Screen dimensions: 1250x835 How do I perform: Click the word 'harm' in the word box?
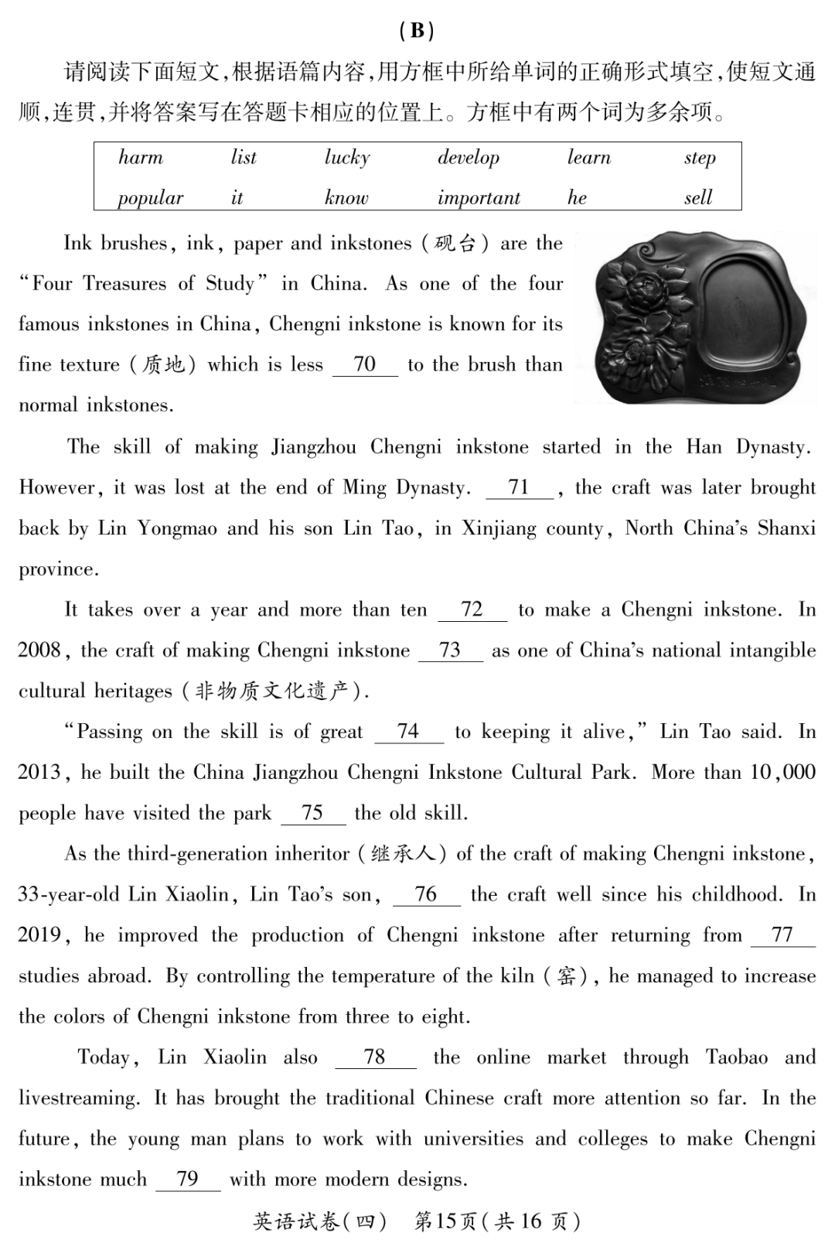tap(141, 158)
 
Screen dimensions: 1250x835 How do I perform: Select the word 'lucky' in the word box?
tap(347, 158)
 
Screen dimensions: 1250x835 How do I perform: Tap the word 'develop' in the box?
tap(469, 158)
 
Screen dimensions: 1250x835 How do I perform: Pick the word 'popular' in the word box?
tap(150, 198)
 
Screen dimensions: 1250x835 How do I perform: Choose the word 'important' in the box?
tap(479, 198)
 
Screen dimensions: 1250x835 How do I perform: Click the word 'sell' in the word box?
tap(698, 198)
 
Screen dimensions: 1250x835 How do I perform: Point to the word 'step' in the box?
tap(700, 158)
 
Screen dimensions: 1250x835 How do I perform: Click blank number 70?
tap(365, 364)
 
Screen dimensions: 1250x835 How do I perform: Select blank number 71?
tap(519, 487)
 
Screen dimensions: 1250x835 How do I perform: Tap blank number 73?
tap(450, 650)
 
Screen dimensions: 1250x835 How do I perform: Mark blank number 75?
tap(312, 812)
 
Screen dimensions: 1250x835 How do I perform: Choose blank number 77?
tap(782, 934)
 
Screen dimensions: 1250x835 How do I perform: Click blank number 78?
tap(375, 1057)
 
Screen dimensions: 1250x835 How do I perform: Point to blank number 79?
tap(188, 1179)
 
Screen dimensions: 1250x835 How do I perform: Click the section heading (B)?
tap(417, 30)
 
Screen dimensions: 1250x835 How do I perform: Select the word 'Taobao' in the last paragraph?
tap(736, 1057)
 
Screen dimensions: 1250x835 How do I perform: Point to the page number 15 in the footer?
tap(446, 1221)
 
